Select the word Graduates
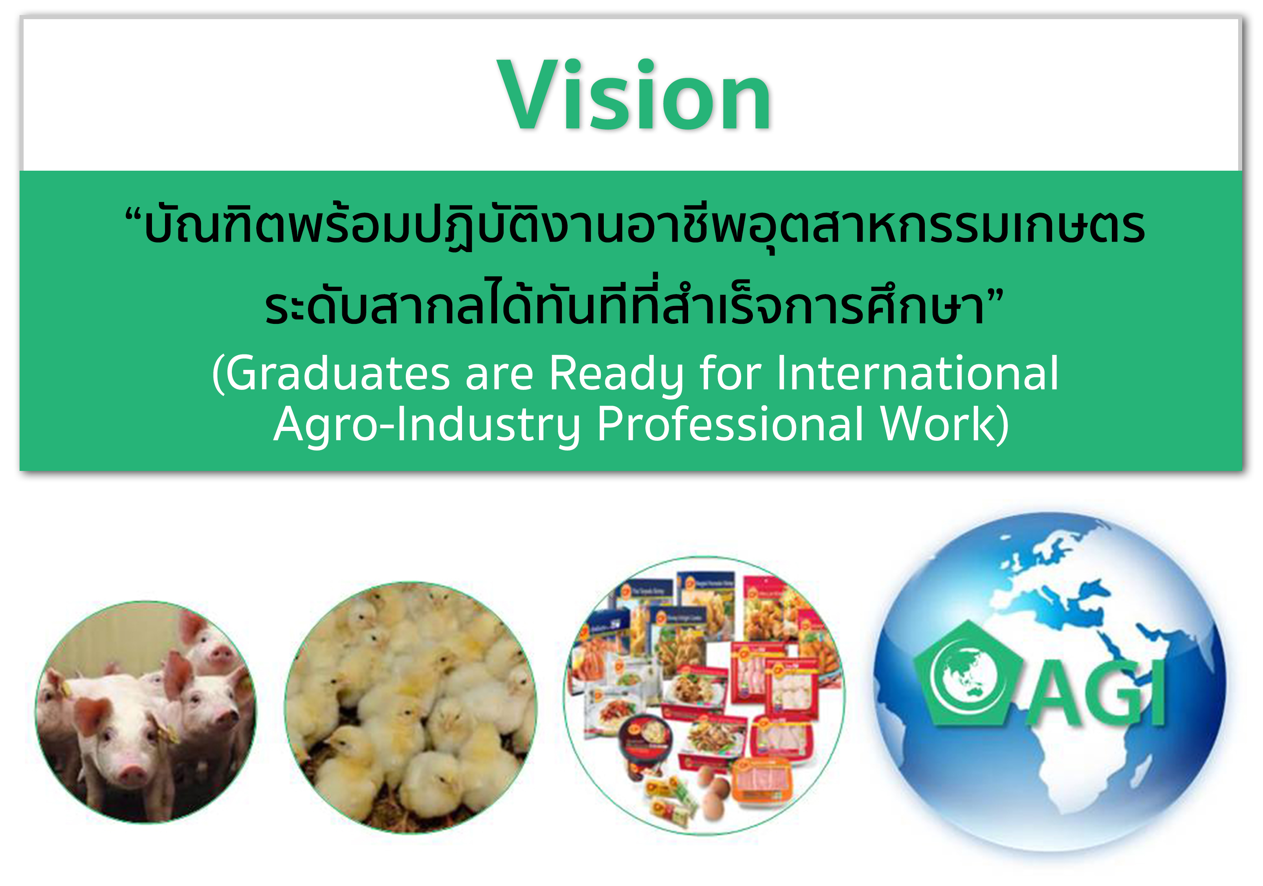click(x=338, y=374)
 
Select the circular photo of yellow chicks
click(x=410, y=707)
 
